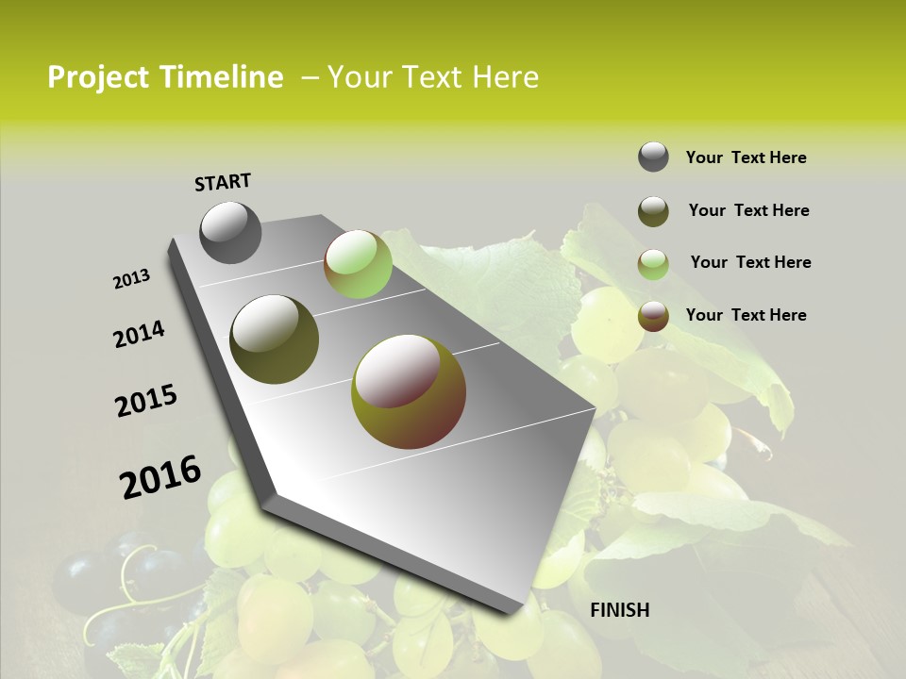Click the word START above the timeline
point(223,182)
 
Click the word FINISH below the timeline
point(619,609)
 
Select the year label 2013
point(132,279)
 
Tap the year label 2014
point(139,334)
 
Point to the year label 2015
point(146,401)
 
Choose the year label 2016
point(160,476)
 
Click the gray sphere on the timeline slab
point(230,232)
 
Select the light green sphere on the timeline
point(358,264)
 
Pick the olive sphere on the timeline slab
point(274,339)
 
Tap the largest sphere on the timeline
point(408,392)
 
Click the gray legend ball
point(653,157)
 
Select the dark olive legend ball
point(653,211)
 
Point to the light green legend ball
point(653,264)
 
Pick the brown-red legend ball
point(653,316)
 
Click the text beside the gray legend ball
point(746,157)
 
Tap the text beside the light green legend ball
point(750,262)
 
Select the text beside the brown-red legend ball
point(746,315)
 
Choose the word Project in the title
point(97,77)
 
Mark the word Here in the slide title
point(505,77)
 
